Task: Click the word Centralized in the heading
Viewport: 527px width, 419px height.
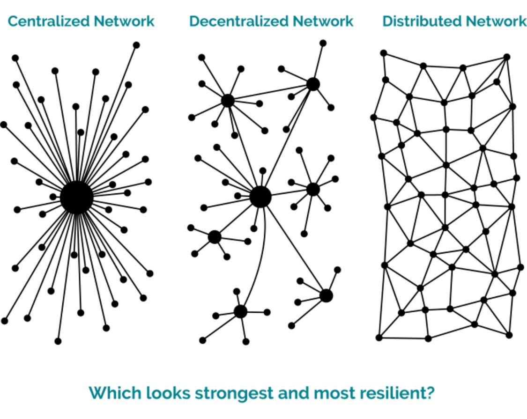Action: tap(49, 21)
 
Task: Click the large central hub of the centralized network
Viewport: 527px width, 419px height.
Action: tap(77, 198)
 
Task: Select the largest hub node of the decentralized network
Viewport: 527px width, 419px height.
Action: tap(260, 197)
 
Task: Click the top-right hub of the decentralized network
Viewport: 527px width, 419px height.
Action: tap(313, 84)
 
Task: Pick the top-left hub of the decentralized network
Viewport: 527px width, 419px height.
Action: tap(228, 101)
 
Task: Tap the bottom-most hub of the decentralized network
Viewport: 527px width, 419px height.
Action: tap(240, 311)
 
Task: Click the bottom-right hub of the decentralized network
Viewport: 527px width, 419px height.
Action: tap(326, 295)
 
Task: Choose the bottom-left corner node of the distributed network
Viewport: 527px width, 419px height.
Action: tap(379, 337)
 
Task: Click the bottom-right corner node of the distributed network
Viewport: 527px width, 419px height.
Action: tap(509, 335)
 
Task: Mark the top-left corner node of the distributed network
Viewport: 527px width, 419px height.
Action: tap(383, 53)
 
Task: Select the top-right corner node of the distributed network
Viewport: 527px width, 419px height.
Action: tap(506, 57)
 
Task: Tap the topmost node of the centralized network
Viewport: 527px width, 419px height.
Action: tap(136, 45)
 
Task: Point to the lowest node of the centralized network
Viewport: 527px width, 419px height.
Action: tap(58, 341)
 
